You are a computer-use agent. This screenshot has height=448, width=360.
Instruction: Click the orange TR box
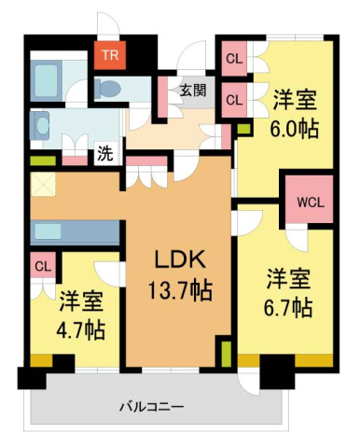coord(109,55)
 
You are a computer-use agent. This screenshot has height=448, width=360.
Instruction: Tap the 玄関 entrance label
coord(193,91)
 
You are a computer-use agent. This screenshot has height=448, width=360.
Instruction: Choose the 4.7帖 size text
coord(82,329)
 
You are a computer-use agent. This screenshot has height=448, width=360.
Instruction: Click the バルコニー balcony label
coord(151,408)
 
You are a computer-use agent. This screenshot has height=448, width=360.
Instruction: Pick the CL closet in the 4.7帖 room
coord(43,267)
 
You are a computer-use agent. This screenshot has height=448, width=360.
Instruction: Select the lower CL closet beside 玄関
coord(234,98)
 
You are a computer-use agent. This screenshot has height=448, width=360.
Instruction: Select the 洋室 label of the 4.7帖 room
coord(82,301)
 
